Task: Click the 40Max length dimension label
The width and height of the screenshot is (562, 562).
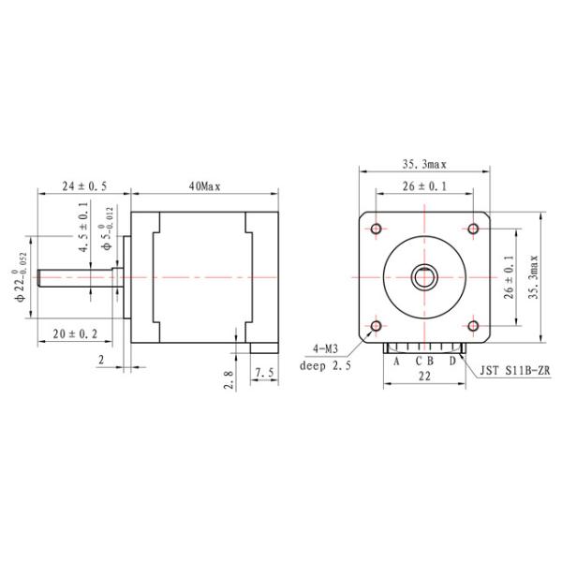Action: [203, 187]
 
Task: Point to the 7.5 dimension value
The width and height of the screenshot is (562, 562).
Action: [265, 374]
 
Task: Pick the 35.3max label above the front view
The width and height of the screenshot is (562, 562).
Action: [422, 164]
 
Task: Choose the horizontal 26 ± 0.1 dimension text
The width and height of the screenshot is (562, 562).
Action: [424, 186]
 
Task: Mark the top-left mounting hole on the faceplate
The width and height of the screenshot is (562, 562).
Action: [377, 229]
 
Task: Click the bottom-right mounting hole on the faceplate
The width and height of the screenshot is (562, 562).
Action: [473, 326]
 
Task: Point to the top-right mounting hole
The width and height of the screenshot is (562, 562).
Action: [473, 229]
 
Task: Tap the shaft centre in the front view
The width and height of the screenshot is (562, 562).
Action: [424, 277]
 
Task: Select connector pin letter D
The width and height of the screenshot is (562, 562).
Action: [451, 360]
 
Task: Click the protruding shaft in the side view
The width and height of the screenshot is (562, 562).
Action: [75, 277]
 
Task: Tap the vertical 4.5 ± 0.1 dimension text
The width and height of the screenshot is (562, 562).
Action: [83, 230]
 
